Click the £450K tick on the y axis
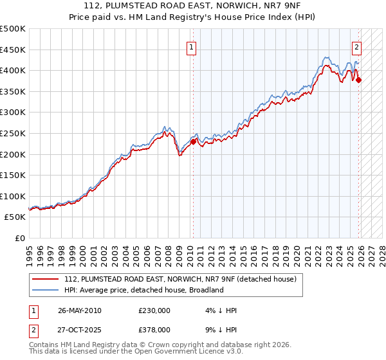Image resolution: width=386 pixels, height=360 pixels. pos(13,50)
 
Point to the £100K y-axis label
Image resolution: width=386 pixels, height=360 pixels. pos(13,196)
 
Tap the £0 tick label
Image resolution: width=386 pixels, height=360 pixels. pos(21,238)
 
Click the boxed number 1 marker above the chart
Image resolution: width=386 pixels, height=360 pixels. pos(192,46)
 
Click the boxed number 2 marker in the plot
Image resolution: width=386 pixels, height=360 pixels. pos(356,46)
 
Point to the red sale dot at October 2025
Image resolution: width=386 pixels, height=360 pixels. pos(358,80)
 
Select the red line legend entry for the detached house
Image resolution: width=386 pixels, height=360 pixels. pos(180,279)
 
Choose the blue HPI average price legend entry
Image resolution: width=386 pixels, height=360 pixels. pos(143,290)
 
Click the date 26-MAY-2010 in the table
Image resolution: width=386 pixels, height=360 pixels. pos(80,310)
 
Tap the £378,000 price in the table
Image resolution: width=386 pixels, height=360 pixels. pos(154,328)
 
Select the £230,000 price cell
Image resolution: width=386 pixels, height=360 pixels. pos(154,310)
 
